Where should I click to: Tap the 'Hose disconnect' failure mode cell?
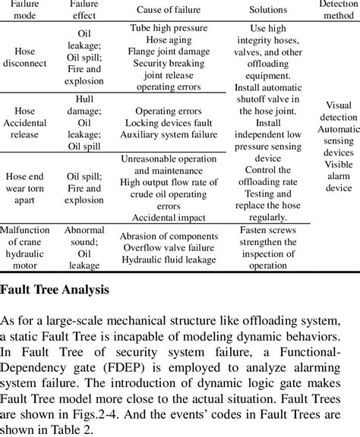[30, 58]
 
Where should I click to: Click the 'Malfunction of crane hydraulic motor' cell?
[30, 247]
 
